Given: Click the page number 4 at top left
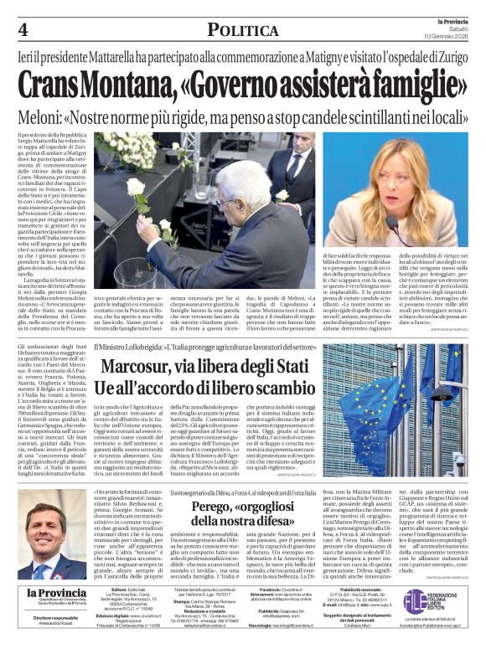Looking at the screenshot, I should point(23,30).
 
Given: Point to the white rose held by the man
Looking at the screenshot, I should point(137,186).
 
